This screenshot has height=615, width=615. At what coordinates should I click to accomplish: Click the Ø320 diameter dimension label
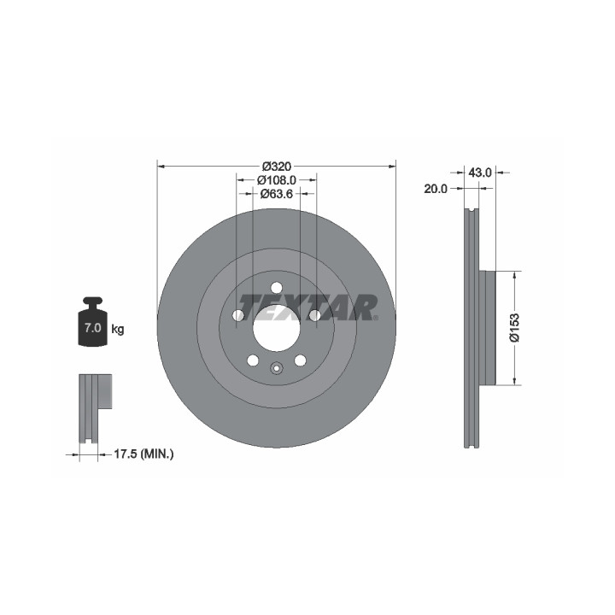pos(277,167)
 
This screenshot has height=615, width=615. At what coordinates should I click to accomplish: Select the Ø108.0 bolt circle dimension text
pos(277,180)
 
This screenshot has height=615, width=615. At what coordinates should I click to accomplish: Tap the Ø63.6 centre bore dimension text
pos(277,193)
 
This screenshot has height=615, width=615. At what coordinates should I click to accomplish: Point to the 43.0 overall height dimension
pos(480,173)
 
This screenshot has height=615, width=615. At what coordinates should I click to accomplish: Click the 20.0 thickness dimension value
pos(436,189)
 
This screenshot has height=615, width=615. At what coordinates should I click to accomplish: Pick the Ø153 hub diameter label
pos(514,327)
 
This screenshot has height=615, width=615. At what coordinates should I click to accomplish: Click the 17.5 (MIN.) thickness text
pos(143,454)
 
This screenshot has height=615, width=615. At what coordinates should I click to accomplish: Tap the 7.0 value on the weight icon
pos(93,328)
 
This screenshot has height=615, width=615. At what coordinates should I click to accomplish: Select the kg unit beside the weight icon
pos(118,329)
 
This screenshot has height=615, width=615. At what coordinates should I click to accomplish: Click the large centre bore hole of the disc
pos(277,328)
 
